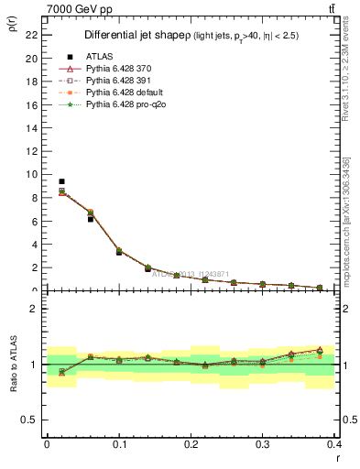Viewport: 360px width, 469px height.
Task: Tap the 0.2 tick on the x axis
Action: click(191, 444)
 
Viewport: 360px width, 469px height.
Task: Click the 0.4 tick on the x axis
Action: click(334, 444)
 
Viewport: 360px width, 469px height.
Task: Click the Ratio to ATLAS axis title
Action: click(12, 364)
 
